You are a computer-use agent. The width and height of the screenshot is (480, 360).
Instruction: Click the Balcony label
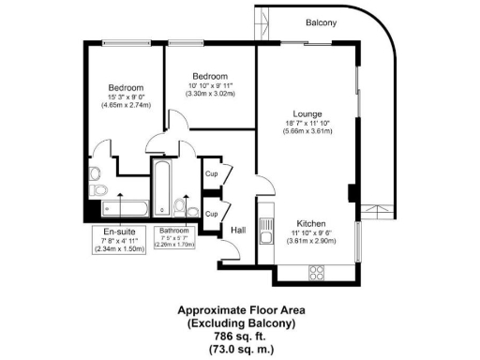coord(322,22)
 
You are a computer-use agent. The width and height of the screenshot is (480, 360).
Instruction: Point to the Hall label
coord(238,229)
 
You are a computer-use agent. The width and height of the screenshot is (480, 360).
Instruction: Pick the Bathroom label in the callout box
coord(174,231)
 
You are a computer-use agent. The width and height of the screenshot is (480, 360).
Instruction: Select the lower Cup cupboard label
coord(211,214)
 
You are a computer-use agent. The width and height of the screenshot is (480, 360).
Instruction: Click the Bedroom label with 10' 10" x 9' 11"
coord(211,76)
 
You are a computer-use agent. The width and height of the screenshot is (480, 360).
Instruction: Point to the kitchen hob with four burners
coord(316,274)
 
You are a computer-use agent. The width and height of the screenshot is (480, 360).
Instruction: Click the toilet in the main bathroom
coord(180,207)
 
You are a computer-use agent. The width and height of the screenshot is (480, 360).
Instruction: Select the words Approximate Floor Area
coord(238,310)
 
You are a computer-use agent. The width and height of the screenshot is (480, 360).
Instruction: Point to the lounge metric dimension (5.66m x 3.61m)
coord(307,132)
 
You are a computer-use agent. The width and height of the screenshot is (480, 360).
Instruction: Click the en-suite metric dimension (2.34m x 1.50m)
coord(118,250)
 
